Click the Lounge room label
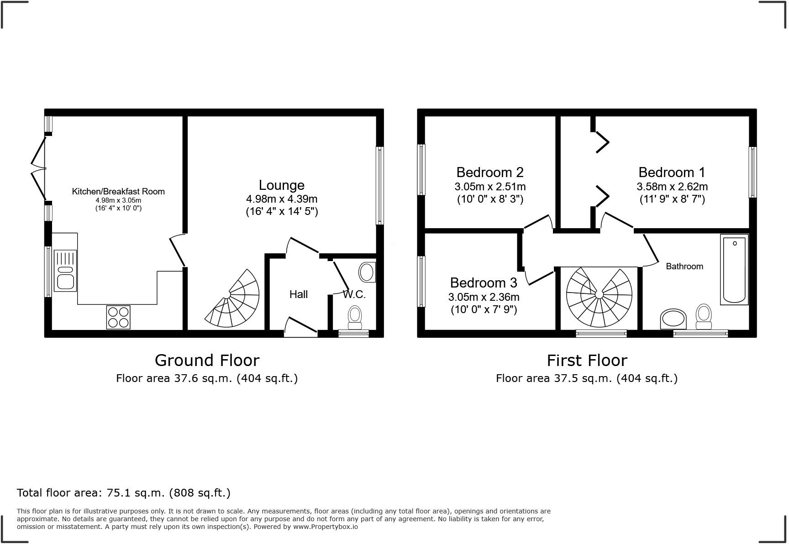281,185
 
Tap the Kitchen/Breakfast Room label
118,191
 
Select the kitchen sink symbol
65,270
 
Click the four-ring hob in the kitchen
118,317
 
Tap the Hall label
299,294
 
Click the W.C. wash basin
367,272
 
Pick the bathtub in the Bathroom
734,269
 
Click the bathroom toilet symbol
704,316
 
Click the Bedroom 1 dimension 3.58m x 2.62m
672,186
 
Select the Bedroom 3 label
484,282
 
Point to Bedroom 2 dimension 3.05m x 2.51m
490,186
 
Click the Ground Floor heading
207,360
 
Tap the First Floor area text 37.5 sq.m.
587,378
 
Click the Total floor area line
124,492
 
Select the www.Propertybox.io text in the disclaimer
325,527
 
